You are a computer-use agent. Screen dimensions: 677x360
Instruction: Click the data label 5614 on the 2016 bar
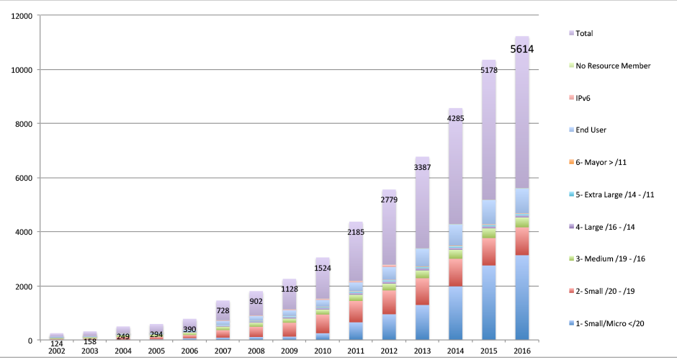522,49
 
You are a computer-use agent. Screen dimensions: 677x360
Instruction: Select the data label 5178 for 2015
489,70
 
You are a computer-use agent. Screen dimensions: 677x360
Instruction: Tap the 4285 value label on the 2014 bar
455,118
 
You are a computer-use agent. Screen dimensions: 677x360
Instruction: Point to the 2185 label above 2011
356,233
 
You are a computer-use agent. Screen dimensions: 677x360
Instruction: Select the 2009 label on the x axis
290,351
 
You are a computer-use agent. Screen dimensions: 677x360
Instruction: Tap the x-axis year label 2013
422,351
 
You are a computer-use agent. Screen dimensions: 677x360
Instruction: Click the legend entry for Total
581,33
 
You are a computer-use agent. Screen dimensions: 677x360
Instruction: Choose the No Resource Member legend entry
609,66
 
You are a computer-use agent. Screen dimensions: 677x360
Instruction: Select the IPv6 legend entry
580,98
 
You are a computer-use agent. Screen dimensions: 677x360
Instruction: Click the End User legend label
588,130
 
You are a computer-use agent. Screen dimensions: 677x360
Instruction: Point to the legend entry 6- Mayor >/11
598,162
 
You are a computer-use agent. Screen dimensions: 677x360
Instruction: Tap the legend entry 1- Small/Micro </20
606,324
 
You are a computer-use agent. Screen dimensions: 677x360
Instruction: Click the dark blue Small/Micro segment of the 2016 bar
522,297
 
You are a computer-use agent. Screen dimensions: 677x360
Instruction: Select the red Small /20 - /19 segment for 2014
455,272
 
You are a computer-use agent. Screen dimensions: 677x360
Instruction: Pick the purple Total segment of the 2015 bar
489,130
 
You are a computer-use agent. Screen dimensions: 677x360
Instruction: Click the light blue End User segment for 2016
522,200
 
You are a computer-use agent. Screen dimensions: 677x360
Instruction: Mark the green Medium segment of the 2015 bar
489,233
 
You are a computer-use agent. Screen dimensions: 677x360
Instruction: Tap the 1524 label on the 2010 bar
323,268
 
